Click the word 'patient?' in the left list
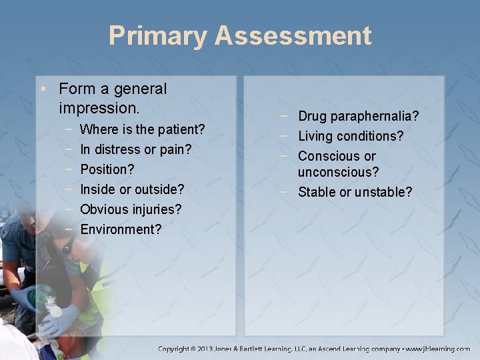180,129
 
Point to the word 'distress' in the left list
118,149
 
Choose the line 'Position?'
107,169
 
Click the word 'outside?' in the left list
161,189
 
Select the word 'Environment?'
121,229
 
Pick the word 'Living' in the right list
316,137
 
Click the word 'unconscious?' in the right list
339,173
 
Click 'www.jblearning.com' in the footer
437,349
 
